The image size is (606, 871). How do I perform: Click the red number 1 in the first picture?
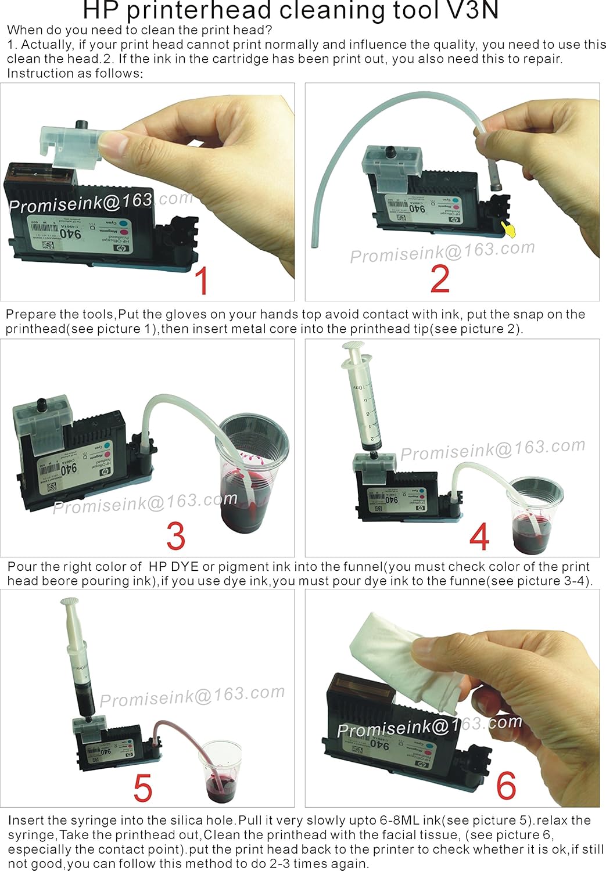201,281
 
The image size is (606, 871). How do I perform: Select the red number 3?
175,535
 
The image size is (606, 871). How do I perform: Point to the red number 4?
479,537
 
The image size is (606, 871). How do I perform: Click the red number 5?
142,788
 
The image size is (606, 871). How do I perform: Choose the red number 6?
505,786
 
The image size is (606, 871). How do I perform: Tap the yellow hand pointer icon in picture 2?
510,231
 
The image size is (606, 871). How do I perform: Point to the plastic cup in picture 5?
221,769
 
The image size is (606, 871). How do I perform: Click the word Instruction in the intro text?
36,73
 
